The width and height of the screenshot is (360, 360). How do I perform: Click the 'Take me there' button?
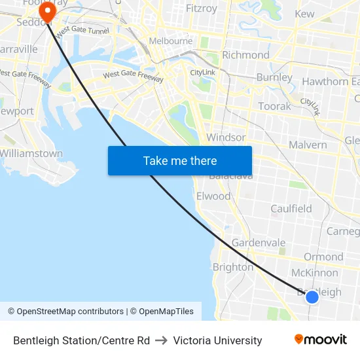180,161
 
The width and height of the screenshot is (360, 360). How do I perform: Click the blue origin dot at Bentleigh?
312,297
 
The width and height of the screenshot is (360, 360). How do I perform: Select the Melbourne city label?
171,41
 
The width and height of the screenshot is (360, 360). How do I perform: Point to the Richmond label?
245,55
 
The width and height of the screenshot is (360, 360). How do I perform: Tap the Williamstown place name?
31,153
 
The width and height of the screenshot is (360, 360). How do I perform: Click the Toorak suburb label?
274,106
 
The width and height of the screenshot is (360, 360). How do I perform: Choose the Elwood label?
213,196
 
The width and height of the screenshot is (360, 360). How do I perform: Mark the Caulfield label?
291,209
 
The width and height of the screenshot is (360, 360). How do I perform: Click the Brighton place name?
232,267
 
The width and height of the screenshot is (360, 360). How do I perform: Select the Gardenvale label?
259,243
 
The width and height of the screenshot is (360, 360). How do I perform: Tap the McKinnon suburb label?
315,272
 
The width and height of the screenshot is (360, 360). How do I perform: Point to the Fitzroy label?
201,9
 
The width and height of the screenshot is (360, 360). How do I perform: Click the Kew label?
304,14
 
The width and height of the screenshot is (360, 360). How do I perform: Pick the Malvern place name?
307,145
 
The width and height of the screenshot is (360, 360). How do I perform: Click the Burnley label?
275,77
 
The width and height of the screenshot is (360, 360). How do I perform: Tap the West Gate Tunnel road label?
82,31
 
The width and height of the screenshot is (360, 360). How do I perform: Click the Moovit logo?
320,340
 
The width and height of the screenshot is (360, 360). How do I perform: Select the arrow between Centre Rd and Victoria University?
162,340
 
